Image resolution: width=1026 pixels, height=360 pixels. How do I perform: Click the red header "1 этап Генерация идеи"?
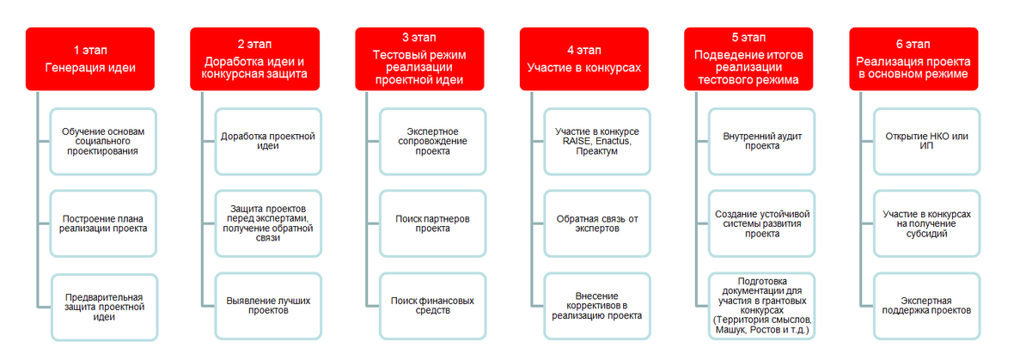coord(90,58)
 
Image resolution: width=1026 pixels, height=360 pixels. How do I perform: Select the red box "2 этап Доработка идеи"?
coord(255,58)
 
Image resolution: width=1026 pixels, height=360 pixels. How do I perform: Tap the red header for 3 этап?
coord(419,58)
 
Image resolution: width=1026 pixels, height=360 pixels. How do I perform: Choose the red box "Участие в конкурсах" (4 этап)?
coord(584,58)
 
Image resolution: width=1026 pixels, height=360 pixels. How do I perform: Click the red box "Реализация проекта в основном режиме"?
coord(913,58)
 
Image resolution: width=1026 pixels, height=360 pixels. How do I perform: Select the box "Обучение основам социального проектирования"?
coord(103,141)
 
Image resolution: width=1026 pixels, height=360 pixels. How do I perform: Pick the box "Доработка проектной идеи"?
coord(268,141)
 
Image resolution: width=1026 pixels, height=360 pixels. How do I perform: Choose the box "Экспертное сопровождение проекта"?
coord(432,141)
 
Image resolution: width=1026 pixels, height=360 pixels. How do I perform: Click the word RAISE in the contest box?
coord(571,141)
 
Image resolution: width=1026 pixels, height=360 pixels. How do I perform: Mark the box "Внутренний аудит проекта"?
coord(762,141)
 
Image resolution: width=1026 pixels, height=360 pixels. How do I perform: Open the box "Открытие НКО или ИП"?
coord(926,141)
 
